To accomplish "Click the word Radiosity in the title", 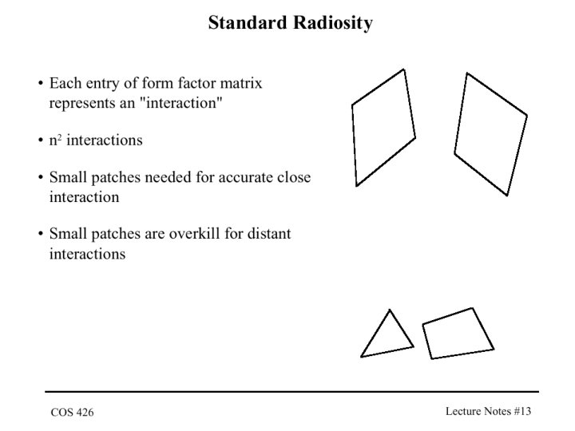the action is click(x=332, y=23).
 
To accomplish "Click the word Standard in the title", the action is click(x=248, y=22).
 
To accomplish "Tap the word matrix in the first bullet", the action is click(x=241, y=83).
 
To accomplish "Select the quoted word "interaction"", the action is click(x=181, y=103).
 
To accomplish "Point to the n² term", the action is click(x=55, y=140).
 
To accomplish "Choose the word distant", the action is click(x=269, y=234).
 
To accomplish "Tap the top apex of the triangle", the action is click(x=390, y=310).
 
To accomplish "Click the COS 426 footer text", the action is click(x=72, y=413).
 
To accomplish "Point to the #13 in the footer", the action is click(x=522, y=411).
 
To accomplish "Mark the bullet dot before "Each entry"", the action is click(x=41, y=83).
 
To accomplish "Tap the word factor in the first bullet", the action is click(x=197, y=83).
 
